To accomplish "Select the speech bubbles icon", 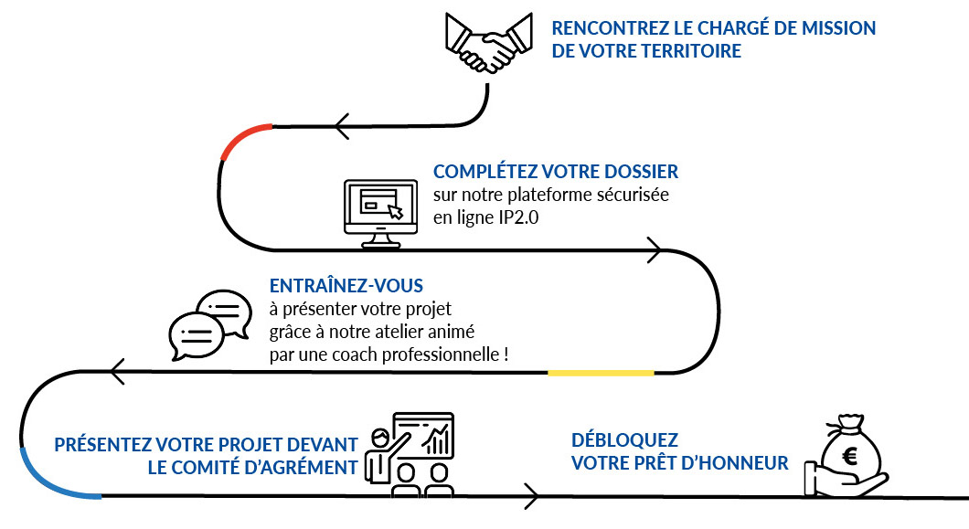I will click(209, 324).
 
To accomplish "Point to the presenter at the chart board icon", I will click(410, 451).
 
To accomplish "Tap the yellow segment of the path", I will click(601, 373).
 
